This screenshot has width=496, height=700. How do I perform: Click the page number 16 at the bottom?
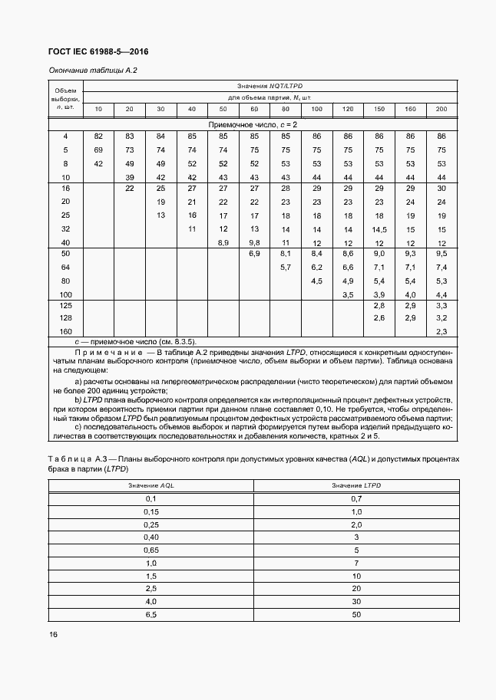pos(53,634)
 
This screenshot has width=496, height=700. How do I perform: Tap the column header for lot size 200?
pos(441,110)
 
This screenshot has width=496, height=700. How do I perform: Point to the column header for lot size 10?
pos(98,110)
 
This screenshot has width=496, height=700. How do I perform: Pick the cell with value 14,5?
pos(379,229)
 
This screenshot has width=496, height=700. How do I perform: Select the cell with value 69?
pos(98,150)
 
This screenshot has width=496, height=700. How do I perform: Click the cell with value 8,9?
pos(223,242)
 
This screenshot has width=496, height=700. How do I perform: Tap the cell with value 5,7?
pos(286,267)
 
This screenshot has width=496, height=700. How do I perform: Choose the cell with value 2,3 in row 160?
pos(441,330)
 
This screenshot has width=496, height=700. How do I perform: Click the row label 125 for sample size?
pos(65,306)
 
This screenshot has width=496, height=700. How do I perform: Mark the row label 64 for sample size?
pos(65,267)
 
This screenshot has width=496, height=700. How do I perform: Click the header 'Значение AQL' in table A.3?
pos(150,486)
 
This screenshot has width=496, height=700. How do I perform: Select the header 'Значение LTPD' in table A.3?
pos(356,486)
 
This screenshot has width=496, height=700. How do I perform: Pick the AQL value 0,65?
pos(150,550)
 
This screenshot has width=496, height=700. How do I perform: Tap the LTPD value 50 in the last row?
pos(356,615)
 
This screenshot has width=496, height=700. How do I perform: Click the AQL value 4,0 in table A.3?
pos(150,602)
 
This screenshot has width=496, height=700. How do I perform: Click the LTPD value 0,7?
pos(356,499)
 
